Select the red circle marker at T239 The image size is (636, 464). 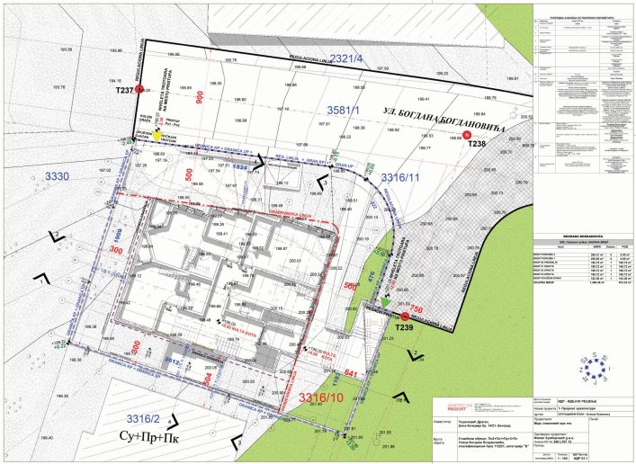pos(405,317)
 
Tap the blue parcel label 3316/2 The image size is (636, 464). pos(146,419)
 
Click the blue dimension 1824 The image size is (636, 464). pos(240,167)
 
